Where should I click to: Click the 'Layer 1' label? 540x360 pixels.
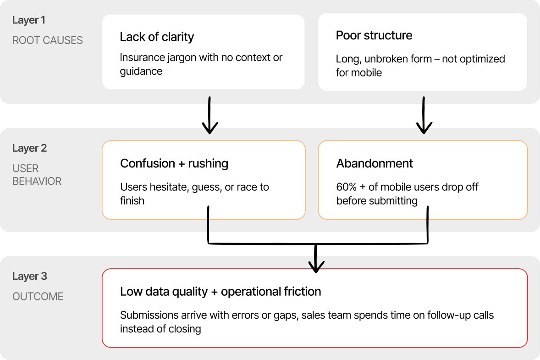click(28, 20)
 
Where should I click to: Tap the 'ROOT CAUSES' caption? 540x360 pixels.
click(47, 40)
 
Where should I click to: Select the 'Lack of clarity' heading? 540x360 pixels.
click(157, 37)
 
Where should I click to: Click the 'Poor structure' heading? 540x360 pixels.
click(374, 36)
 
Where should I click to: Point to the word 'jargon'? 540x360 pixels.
click(182, 58)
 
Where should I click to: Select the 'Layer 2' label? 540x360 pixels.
click(29, 148)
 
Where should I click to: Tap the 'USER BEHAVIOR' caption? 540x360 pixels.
click(37, 175)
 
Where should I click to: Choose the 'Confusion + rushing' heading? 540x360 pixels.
click(174, 164)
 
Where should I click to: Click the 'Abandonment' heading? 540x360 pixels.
click(375, 164)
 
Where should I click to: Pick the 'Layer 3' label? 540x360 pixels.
click(29, 276)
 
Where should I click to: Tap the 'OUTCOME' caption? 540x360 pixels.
click(38, 296)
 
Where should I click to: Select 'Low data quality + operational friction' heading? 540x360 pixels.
click(220, 292)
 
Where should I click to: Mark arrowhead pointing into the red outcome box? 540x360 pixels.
click(316, 268)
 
